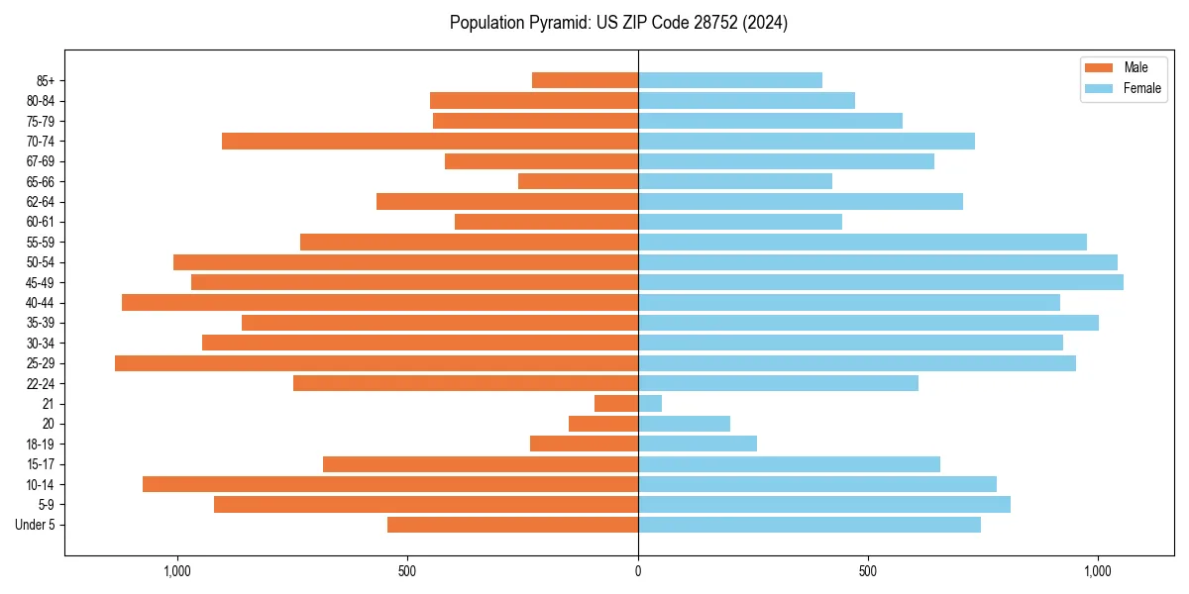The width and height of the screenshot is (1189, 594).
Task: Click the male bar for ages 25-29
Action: [x=377, y=363]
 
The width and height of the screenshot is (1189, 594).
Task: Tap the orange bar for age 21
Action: [x=616, y=404]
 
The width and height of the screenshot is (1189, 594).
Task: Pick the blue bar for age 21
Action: [x=650, y=404]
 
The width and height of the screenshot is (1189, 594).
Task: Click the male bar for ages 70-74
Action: [x=430, y=142]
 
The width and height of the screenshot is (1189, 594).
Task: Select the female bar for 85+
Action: [x=730, y=80]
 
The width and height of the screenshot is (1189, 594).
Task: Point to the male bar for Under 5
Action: [x=512, y=525]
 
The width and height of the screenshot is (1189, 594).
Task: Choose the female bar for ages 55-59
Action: [x=862, y=242]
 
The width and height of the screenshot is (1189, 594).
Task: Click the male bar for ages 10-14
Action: [x=390, y=484]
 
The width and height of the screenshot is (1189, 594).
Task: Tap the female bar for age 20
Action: [x=684, y=424]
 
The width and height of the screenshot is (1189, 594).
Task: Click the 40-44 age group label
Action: [x=40, y=303]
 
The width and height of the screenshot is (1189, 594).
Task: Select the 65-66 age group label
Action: [x=40, y=181]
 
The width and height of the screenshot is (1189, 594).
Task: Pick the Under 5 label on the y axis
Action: [x=35, y=525]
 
